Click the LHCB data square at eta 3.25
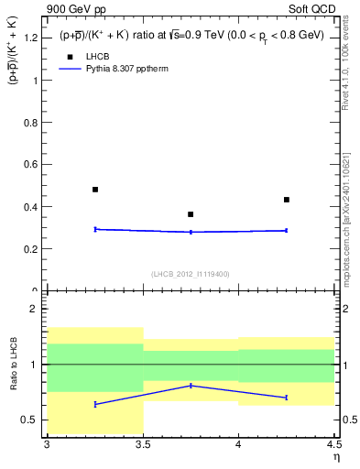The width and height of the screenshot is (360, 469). [x=95, y=190]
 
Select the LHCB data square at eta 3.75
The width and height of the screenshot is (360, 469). [x=191, y=214]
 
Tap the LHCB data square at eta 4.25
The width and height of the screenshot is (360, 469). [x=287, y=200]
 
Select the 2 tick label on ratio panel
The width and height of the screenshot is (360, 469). [x=34, y=309]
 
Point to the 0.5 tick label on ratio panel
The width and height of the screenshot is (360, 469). [x=30, y=420]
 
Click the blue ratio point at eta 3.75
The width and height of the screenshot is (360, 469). [x=191, y=386]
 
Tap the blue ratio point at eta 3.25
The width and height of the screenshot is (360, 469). [x=95, y=404]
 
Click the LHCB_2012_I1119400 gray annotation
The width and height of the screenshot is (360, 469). [x=191, y=273]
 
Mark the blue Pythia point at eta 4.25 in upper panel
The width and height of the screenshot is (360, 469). [x=287, y=231]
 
